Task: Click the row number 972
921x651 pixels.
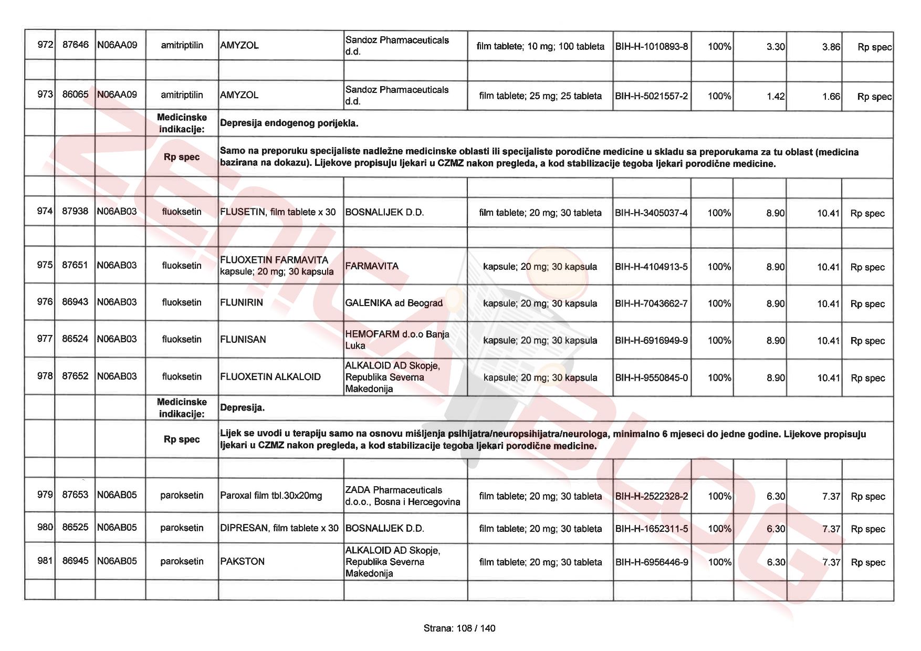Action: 45,45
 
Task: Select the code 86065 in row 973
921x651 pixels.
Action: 75,94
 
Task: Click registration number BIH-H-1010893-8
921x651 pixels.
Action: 651,46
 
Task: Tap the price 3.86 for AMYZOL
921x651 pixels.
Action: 831,47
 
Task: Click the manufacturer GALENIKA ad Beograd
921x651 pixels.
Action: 394,303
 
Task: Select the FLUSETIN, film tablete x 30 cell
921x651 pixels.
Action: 278,212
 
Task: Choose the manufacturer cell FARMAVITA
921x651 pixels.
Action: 372,266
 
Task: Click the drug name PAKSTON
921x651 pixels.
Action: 243,561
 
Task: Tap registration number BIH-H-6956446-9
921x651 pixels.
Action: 651,562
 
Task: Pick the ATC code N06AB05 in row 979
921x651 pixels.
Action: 117,495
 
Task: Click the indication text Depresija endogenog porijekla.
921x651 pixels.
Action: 289,123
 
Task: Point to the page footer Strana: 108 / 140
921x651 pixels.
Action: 459,628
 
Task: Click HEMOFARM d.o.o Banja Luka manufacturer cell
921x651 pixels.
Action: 397,340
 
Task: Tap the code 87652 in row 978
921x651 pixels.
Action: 75,376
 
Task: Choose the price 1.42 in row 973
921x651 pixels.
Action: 775,96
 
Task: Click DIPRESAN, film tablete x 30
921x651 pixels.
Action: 279,528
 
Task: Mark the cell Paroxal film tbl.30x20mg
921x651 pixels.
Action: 271,496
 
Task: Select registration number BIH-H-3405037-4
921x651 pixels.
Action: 651,213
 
